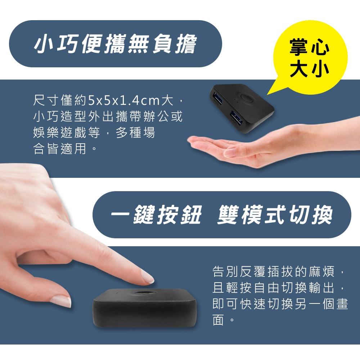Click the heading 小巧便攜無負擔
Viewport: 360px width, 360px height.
click(x=115, y=44)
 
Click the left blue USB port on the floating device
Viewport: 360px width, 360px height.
click(x=219, y=98)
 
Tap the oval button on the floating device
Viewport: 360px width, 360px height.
click(x=247, y=98)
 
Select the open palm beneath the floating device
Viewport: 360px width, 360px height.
click(x=230, y=148)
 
